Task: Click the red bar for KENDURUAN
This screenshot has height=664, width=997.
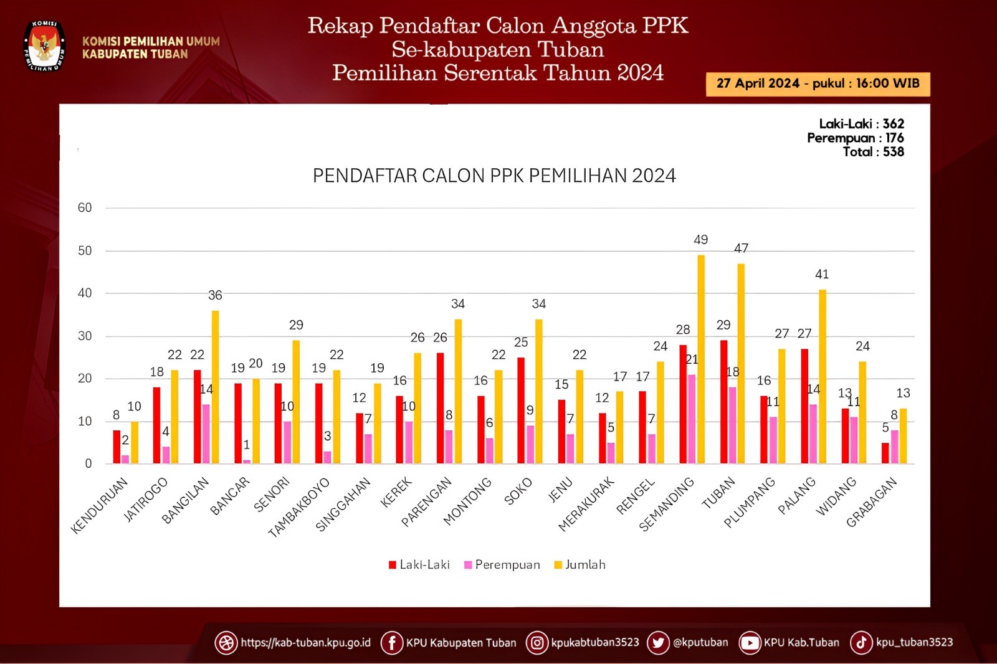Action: click(x=117, y=447)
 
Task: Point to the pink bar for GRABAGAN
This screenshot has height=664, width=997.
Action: click(x=894, y=447)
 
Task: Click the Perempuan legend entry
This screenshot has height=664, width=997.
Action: click(x=502, y=565)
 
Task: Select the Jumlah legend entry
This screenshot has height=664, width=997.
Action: click(x=580, y=565)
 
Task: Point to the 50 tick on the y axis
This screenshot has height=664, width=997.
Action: click(x=85, y=250)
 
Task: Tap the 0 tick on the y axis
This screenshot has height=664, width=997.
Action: click(x=88, y=463)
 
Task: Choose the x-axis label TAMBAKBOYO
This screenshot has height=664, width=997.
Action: click(x=298, y=507)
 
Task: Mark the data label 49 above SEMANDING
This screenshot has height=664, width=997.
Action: click(x=700, y=240)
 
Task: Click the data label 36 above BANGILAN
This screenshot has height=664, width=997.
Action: click(x=215, y=295)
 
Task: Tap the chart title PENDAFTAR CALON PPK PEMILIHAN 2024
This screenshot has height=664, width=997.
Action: click(x=494, y=176)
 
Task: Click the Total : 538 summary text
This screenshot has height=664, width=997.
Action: click(x=873, y=152)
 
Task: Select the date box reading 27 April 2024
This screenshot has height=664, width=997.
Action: click(x=818, y=83)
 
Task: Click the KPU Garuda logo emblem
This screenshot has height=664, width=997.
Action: click(x=44, y=45)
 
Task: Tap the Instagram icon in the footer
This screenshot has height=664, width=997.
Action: click(x=537, y=642)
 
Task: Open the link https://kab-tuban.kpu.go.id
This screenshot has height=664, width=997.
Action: click(x=305, y=642)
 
